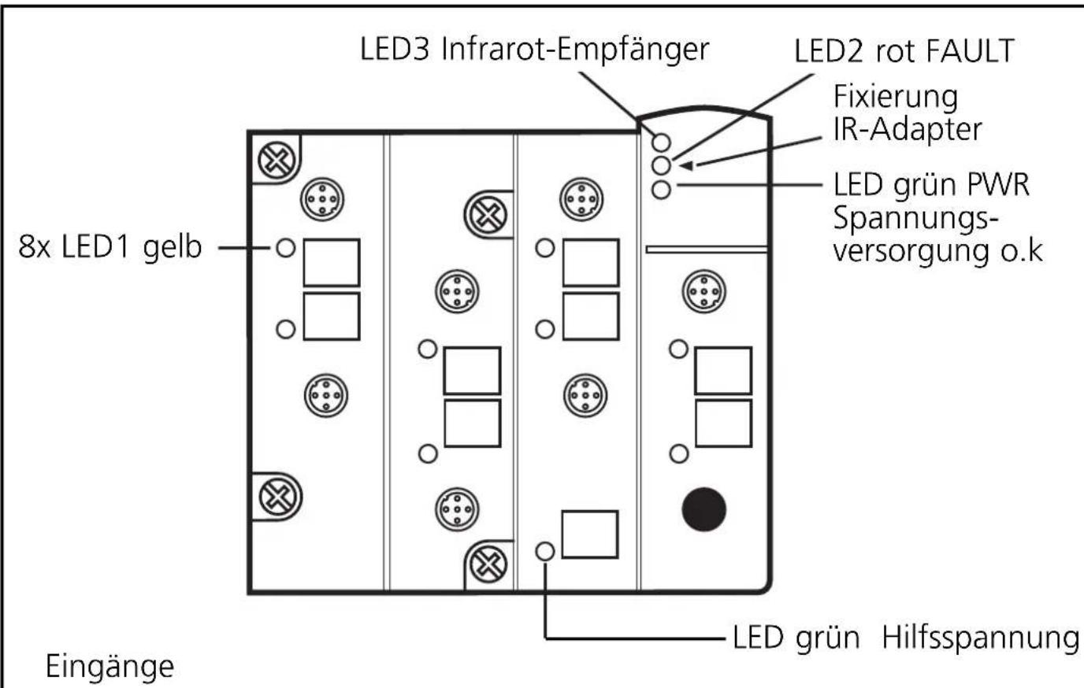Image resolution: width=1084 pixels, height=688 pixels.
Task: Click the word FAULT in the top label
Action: point(970,50)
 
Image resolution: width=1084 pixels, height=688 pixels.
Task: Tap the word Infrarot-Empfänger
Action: point(575,50)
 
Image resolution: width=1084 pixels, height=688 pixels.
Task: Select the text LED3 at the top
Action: point(395,50)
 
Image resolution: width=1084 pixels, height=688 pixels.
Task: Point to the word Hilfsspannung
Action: point(980,638)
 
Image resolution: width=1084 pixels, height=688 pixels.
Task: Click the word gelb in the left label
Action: point(172,247)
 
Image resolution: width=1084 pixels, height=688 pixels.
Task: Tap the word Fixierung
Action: point(895,98)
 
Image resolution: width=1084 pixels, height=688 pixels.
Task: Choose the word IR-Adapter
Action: point(908,130)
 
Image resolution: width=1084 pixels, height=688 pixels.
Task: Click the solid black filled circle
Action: point(703,509)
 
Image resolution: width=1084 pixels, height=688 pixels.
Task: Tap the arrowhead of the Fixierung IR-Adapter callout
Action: point(686,166)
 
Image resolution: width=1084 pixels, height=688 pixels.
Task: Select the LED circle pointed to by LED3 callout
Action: point(661,142)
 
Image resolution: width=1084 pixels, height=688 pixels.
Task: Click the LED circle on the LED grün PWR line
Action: point(661,189)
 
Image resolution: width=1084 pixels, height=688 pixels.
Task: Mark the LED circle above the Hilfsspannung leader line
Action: point(545,551)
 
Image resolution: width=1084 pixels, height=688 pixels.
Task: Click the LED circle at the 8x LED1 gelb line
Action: point(285,248)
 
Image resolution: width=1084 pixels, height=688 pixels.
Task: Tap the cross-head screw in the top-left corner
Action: point(277,160)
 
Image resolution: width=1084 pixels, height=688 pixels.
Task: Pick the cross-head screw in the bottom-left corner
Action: point(278,497)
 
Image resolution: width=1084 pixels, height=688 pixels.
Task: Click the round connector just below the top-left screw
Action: point(322,199)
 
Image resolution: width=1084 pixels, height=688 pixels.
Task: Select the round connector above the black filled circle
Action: point(704,291)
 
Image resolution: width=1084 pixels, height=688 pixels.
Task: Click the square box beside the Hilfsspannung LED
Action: point(590,534)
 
